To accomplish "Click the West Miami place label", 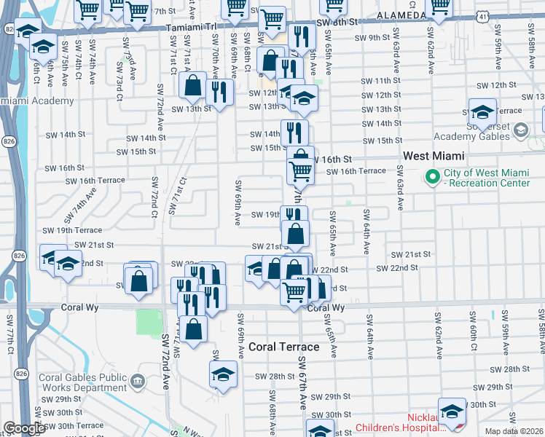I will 434,157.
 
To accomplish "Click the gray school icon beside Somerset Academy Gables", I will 520,130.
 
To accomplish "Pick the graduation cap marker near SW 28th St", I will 223,376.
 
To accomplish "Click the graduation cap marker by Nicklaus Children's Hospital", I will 452,411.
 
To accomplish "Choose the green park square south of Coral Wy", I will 149,323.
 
